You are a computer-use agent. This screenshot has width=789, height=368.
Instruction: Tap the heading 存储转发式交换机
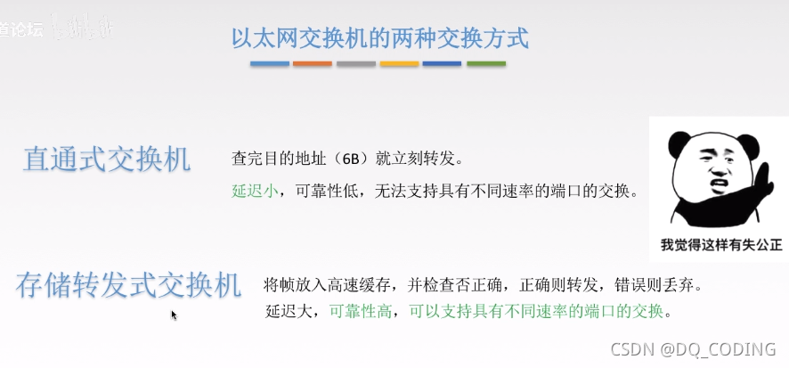(128, 285)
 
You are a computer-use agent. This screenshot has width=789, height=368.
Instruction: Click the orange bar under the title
(313, 64)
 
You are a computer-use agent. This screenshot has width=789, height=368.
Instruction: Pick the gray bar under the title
(355, 64)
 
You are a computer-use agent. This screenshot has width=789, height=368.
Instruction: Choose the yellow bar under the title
(399, 64)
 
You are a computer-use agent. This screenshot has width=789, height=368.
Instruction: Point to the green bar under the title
(486, 64)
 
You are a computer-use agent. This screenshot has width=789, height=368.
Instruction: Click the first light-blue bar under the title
(270, 64)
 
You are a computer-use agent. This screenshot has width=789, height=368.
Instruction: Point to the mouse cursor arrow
(174, 314)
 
